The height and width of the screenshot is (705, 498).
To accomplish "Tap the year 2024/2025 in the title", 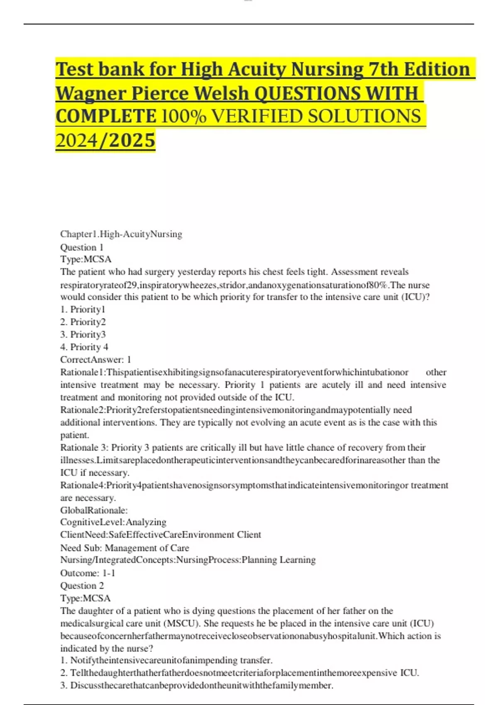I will click(x=105, y=141).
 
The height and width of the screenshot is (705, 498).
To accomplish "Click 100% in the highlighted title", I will click(x=183, y=117).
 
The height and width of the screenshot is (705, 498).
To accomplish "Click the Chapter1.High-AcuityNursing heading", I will click(x=121, y=234).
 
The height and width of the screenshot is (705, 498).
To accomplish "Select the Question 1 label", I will click(x=82, y=248).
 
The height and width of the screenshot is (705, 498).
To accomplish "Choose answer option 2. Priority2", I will click(x=83, y=322).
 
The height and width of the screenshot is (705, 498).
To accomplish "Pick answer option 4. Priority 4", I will click(x=84, y=347).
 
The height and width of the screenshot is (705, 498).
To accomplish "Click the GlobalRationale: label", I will click(x=94, y=510).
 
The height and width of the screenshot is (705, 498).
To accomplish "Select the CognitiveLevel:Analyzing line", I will click(x=113, y=522).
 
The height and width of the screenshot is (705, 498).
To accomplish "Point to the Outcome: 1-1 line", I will click(x=88, y=573).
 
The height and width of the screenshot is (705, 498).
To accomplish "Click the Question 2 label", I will click(x=82, y=586).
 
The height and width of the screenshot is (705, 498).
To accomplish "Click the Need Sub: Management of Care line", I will click(x=124, y=548).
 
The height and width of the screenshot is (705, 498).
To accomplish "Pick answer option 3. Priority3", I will click(x=83, y=334).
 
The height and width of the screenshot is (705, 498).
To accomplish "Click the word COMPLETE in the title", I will click(x=106, y=117).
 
